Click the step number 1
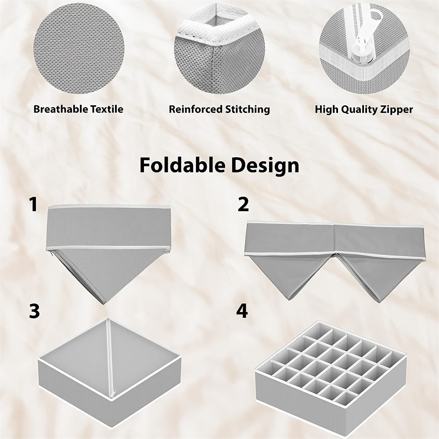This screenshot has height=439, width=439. pyautogui.click(x=33, y=205)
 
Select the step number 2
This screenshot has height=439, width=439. pyautogui.click(x=243, y=205)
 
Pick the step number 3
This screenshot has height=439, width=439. pyautogui.click(x=34, y=311)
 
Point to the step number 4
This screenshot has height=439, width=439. pyautogui.click(x=242, y=311)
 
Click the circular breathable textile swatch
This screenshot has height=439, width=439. pyautogui.click(x=79, y=47)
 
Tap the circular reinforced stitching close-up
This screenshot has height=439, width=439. pyautogui.click(x=219, y=47)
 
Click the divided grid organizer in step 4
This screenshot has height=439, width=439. pyautogui.click(x=331, y=369)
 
